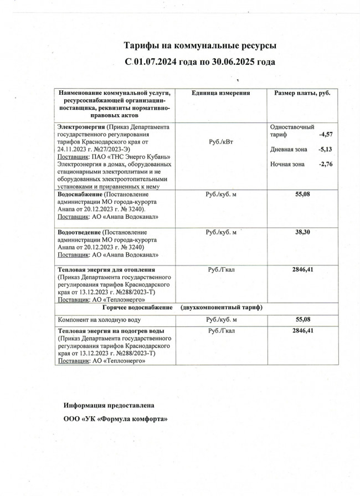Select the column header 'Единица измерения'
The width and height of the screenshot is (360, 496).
[x=220, y=93]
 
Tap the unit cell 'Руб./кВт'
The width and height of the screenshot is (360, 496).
[x=220, y=142]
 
